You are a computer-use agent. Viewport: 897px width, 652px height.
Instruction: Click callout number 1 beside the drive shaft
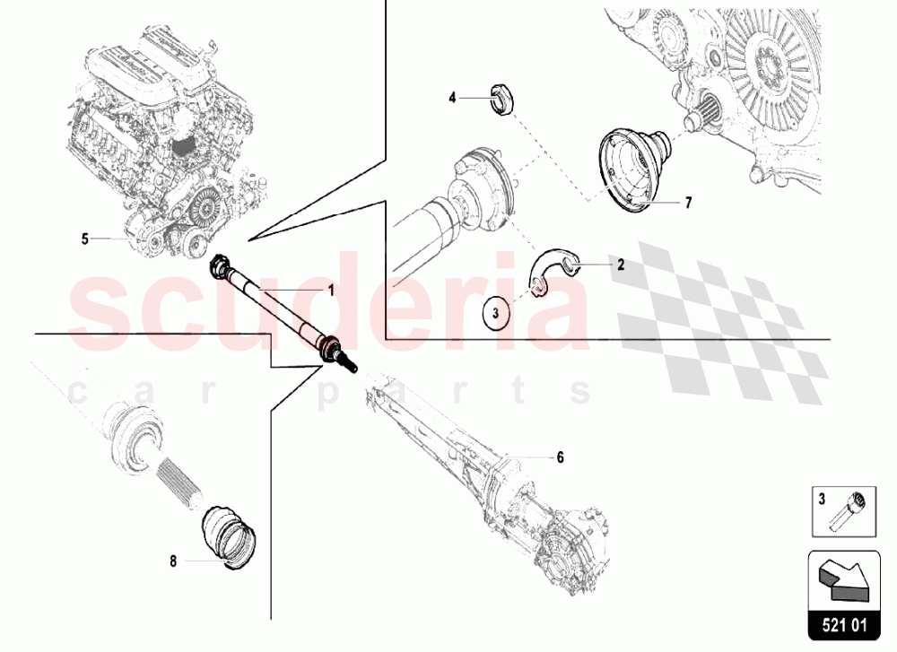(330, 291)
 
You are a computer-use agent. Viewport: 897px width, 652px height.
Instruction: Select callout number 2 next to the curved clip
(619, 265)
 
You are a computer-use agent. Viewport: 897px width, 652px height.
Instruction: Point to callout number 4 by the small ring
(453, 97)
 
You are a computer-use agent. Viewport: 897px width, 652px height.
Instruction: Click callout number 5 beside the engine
(84, 239)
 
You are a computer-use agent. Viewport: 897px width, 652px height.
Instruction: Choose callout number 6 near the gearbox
(560, 457)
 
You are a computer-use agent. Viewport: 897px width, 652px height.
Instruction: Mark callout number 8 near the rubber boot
(172, 562)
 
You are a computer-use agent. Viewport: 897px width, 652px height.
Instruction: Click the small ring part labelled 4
(503, 98)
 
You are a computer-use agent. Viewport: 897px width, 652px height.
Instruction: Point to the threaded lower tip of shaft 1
(351, 366)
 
